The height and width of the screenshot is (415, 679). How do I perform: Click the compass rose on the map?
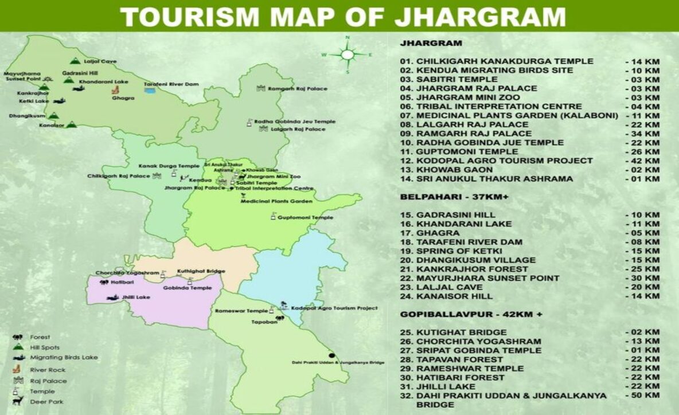(x=348, y=55)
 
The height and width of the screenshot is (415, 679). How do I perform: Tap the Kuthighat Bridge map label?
(x=201, y=271)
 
